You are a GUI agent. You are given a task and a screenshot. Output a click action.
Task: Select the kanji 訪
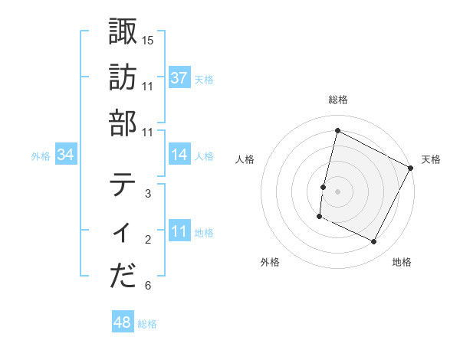pos(123,77)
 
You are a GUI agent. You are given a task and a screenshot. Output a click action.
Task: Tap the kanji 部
pos(123,123)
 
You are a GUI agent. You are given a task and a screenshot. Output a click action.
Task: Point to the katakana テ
pos(123,185)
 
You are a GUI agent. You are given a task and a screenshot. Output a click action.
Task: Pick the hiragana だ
pos(123,277)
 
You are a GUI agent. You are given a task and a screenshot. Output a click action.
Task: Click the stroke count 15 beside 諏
pos(148,40)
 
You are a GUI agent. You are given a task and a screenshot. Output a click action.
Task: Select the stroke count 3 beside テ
pos(148,193)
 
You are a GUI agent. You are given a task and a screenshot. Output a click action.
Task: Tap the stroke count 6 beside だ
pos(148,286)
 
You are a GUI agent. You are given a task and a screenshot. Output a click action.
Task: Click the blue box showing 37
pos(179,78)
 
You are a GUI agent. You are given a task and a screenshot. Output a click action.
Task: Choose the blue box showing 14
pos(179,155)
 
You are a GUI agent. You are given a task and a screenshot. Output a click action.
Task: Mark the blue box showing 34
pos(66,155)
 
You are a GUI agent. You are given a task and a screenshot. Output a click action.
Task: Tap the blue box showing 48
pos(123,323)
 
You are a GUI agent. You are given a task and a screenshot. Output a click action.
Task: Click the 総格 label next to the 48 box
pos(147,324)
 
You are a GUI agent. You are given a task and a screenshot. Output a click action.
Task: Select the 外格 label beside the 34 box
pos(41,156)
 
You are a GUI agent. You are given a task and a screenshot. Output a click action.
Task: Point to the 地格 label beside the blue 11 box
pos(204,233)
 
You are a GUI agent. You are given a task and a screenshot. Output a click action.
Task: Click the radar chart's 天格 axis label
pos(431,159)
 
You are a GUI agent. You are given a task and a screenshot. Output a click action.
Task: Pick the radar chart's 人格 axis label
pos(245,159)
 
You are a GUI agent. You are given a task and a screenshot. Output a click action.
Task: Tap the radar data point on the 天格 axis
pos(411,168)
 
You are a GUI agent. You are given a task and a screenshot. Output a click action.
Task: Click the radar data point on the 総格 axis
pos(337,131)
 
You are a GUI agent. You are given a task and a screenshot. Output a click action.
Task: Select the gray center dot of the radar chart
pos(337,191)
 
